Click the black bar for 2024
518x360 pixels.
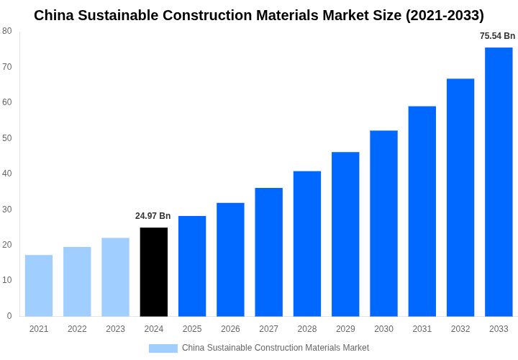pos(154,272)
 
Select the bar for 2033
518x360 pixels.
pos(499,182)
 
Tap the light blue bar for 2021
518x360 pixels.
pos(39,286)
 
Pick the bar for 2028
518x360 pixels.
pos(307,244)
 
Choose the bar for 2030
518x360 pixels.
pos(383,223)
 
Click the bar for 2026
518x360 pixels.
pos(230,260)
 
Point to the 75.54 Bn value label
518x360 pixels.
pos(497,36)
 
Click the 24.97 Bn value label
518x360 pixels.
pos(153,216)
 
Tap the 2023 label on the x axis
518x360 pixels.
pos(115,329)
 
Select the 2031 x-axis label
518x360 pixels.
pos(422,329)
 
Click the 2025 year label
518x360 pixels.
pos(192,329)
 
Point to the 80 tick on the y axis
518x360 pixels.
pos(7,31)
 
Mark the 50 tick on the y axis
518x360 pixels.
pos(7,138)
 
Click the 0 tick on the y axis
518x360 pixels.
pos(9,316)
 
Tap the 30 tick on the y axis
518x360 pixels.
pos(7,209)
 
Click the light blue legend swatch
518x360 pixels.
pos(163,348)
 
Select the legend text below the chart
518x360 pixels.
pos(275,348)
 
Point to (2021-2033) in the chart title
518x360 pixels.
pos(445,15)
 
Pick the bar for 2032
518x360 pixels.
pos(460,197)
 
